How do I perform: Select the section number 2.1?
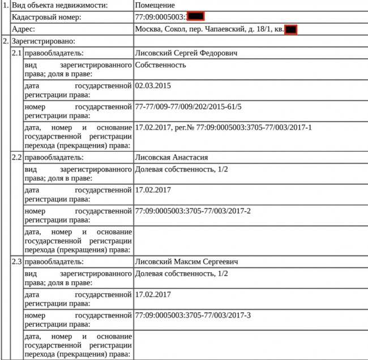click(17, 53)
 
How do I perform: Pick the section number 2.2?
click(17, 157)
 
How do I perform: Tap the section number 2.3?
click(17, 262)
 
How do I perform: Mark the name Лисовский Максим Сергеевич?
click(186, 262)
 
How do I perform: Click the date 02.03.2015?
click(153, 86)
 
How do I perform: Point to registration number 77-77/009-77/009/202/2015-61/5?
click(189, 106)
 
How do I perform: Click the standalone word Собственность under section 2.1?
click(161, 65)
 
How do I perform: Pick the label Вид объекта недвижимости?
click(67, 5)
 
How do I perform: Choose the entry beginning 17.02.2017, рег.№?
click(224, 127)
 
